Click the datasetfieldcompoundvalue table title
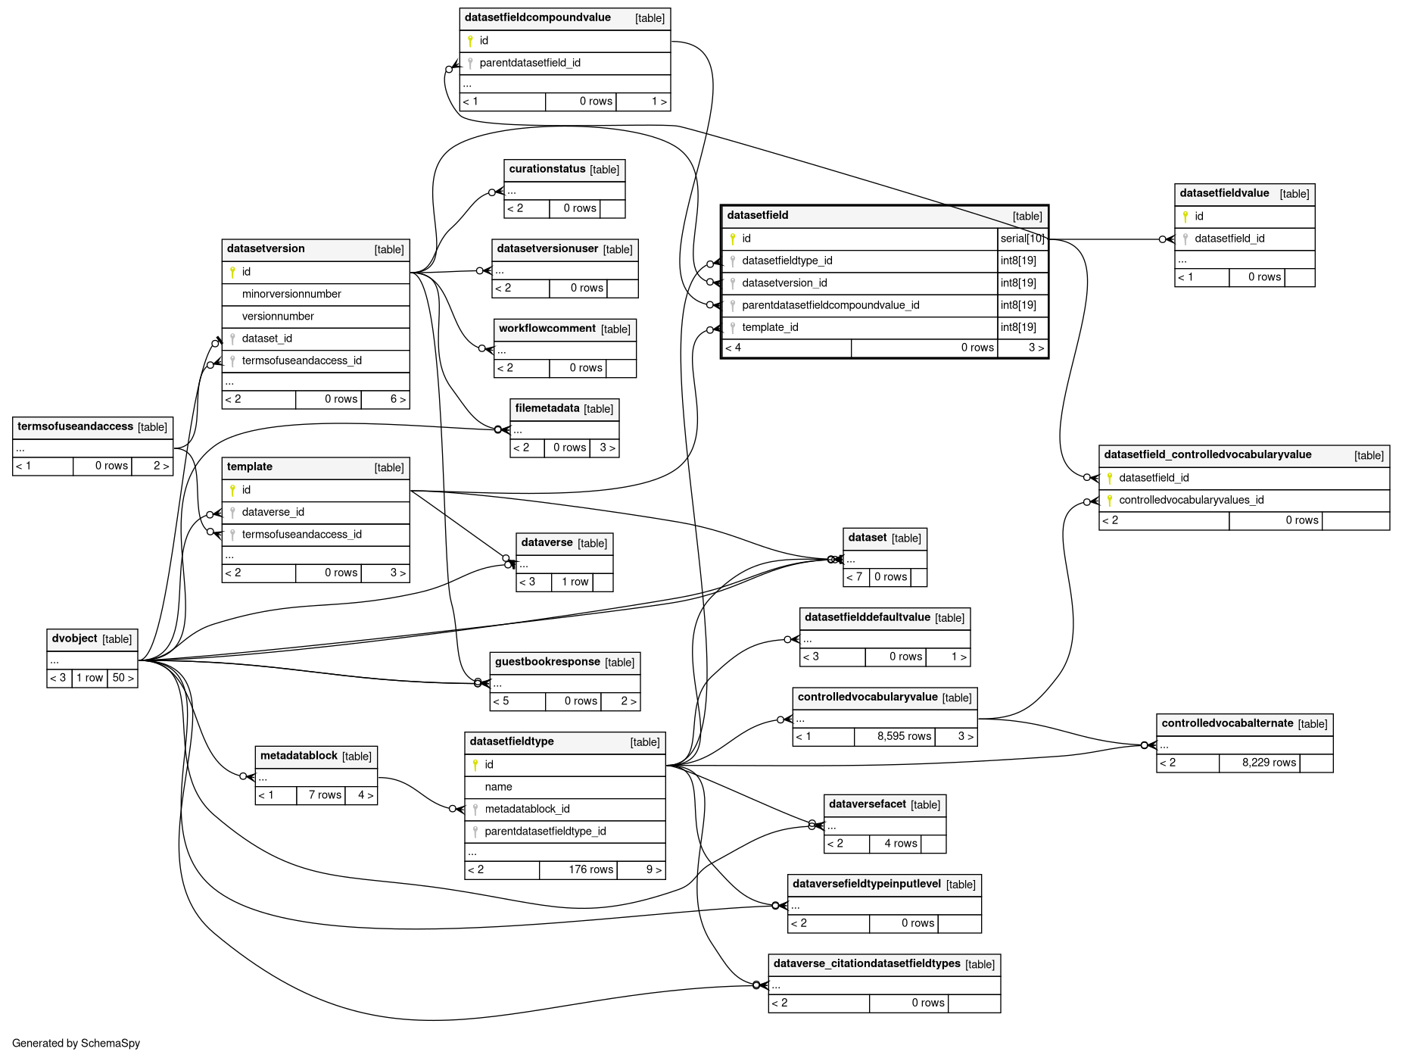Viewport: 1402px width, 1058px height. [537, 17]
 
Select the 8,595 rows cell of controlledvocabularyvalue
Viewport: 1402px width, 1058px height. [903, 736]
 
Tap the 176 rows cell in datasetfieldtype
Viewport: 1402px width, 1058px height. [590, 869]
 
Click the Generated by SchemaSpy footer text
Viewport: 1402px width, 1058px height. [76, 1043]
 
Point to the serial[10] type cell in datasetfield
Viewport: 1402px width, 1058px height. [1022, 239]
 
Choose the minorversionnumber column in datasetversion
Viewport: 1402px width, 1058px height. [291, 294]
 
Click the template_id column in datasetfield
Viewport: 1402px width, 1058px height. [770, 327]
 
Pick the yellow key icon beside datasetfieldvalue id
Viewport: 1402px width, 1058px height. [1185, 217]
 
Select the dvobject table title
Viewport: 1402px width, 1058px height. [74, 638]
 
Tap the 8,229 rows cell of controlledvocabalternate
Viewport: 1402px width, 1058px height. [1268, 763]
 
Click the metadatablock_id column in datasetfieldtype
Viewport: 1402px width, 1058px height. [527, 809]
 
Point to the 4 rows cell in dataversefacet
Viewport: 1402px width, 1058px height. [900, 843]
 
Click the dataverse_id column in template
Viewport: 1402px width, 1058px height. [273, 512]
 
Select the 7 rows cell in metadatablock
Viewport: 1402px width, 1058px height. [324, 794]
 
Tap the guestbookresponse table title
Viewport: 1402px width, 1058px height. [547, 662]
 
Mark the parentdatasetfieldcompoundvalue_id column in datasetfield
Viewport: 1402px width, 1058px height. [830, 305]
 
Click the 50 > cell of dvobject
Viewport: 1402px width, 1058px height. [123, 678]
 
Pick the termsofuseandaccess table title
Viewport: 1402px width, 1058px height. [75, 426]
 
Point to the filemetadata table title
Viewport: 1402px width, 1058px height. [547, 408]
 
